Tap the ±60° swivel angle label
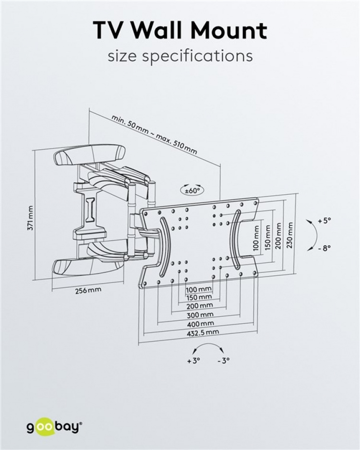(x=192, y=190)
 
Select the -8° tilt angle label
(x=324, y=249)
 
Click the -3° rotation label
(x=223, y=361)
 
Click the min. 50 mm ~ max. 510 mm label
(x=154, y=134)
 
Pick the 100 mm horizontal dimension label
(x=199, y=289)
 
